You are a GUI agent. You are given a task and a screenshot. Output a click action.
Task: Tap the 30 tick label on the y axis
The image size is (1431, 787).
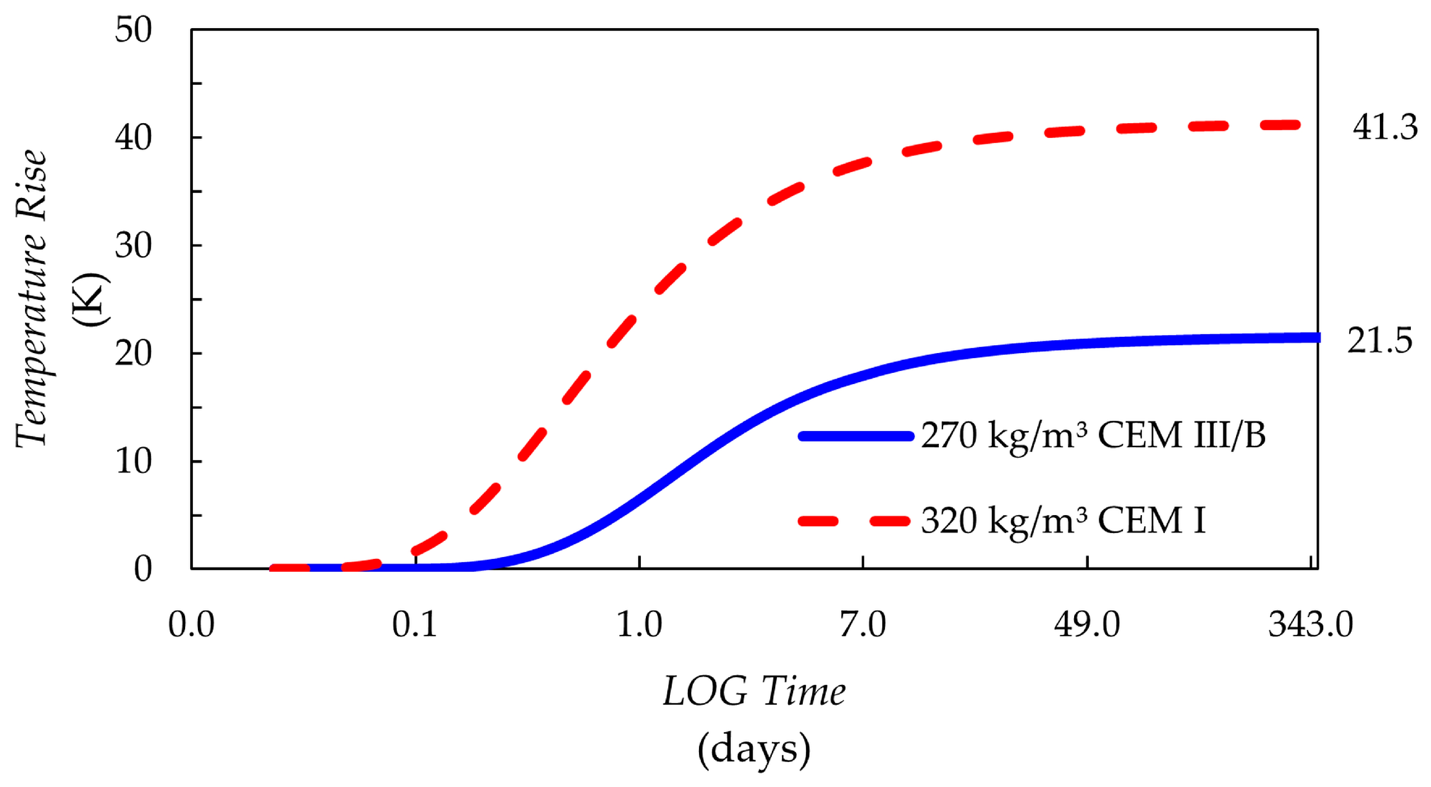(x=133, y=246)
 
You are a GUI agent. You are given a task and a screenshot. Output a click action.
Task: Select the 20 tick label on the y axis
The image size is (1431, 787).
(x=133, y=354)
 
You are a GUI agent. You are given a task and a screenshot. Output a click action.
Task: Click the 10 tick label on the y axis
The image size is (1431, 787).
(x=133, y=461)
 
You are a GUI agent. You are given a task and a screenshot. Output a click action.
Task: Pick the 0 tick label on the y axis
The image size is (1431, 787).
(x=143, y=569)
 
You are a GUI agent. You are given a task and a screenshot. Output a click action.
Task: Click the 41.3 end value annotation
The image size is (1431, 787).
(x=1384, y=128)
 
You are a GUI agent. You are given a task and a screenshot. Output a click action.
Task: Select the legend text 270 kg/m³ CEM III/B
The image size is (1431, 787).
(x=1093, y=435)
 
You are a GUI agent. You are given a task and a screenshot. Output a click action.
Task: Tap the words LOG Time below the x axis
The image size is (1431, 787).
(x=754, y=692)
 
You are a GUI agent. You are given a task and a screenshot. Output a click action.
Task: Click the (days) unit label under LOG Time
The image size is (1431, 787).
(x=754, y=748)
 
